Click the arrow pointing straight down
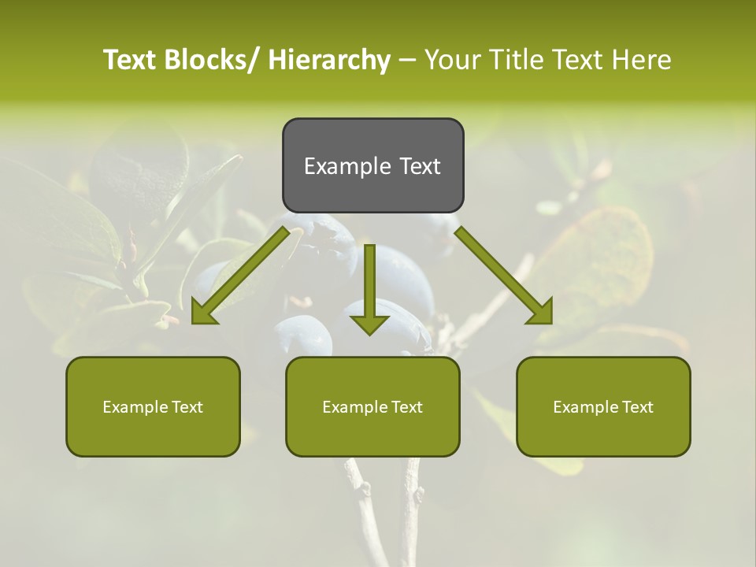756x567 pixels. coord(369,287)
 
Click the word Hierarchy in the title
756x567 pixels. coord(329,60)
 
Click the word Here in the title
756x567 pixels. coord(642,60)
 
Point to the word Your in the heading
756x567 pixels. coord(453,60)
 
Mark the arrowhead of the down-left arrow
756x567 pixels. coord(202,313)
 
